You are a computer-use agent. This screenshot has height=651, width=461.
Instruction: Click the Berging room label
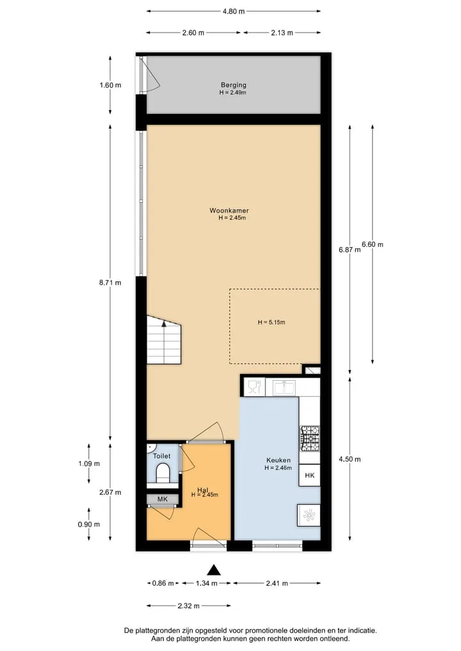pyautogui.click(x=234, y=84)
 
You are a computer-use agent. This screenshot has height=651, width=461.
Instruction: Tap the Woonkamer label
pyautogui.click(x=229, y=211)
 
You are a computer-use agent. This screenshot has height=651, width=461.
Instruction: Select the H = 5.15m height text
pyautogui.click(x=271, y=322)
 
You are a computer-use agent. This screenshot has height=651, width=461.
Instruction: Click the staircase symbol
pyautogui.click(x=164, y=340)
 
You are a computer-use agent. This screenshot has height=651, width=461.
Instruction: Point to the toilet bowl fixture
pyautogui.click(x=163, y=473)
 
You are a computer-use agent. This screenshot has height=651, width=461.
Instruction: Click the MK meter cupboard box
pyautogui.click(x=163, y=499)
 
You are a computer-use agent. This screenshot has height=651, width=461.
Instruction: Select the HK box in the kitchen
pyautogui.click(x=309, y=476)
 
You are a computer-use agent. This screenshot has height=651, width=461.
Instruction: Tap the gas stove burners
pyautogui.click(x=311, y=438)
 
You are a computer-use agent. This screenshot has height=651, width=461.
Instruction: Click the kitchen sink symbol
pyautogui.click(x=284, y=388)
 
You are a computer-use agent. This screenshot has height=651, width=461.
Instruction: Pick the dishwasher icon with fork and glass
pyautogui.click(x=254, y=387)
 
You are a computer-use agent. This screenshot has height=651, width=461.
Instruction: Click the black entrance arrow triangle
pyautogui.click(x=213, y=570)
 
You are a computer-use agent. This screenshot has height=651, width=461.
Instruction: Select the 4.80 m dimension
pyautogui.click(x=234, y=12)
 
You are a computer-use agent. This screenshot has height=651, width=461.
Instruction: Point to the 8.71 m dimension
pyautogui.click(x=110, y=283)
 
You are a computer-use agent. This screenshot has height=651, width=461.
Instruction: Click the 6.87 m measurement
pyautogui.click(x=350, y=250)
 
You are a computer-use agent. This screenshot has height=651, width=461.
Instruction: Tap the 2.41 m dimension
pyautogui.click(x=277, y=583)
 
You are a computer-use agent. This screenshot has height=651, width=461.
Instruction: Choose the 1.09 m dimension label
pyautogui.click(x=89, y=463)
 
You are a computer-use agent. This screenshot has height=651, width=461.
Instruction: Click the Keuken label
pyautogui.click(x=279, y=460)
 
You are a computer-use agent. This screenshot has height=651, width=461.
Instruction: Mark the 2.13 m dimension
pyautogui.click(x=282, y=33)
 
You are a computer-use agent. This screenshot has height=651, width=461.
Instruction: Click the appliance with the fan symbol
pyautogui.click(x=309, y=516)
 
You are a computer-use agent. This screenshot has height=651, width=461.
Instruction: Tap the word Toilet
pyautogui.click(x=161, y=456)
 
